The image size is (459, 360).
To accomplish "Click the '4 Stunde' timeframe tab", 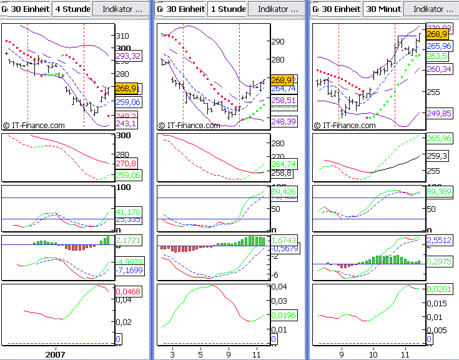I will pyautogui.click(x=72, y=9).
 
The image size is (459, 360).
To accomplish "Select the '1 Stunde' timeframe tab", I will pyautogui.click(x=227, y=9).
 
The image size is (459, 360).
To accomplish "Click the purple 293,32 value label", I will pyautogui.click(x=128, y=56).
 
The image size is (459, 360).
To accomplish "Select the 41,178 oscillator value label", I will pyautogui.click(x=128, y=212).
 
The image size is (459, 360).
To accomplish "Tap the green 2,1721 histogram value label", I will pyautogui.click(x=128, y=241).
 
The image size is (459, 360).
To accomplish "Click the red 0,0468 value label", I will pyautogui.click(x=128, y=291).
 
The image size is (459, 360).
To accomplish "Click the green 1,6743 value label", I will pyautogui.click(x=284, y=240).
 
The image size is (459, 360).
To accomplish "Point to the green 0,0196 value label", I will pyautogui.click(x=284, y=315).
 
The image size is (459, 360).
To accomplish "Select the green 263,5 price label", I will pyautogui.click(x=437, y=56).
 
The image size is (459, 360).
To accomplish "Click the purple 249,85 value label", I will pyautogui.click(x=439, y=113).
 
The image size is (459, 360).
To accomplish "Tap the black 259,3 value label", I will pyautogui.click(x=437, y=156).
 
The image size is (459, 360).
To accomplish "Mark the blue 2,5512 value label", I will pyautogui.click(x=439, y=239).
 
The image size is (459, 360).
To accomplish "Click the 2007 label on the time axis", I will pyautogui.click(x=55, y=354).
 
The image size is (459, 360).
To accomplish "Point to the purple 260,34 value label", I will pyautogui.click(x=439, y=69).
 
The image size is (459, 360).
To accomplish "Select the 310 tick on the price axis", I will pyautogui.click(x=122, y=36).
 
